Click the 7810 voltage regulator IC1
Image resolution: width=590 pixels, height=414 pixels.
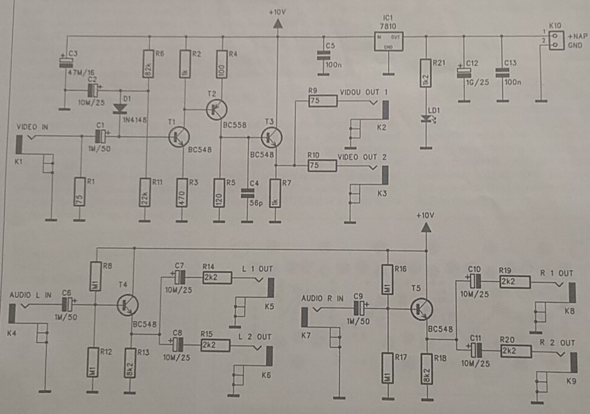388,41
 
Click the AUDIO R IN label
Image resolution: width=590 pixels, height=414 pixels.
323,298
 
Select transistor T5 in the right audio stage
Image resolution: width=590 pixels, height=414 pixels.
421,309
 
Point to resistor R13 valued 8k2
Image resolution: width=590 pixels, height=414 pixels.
130,363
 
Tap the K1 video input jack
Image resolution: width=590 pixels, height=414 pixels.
19,144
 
